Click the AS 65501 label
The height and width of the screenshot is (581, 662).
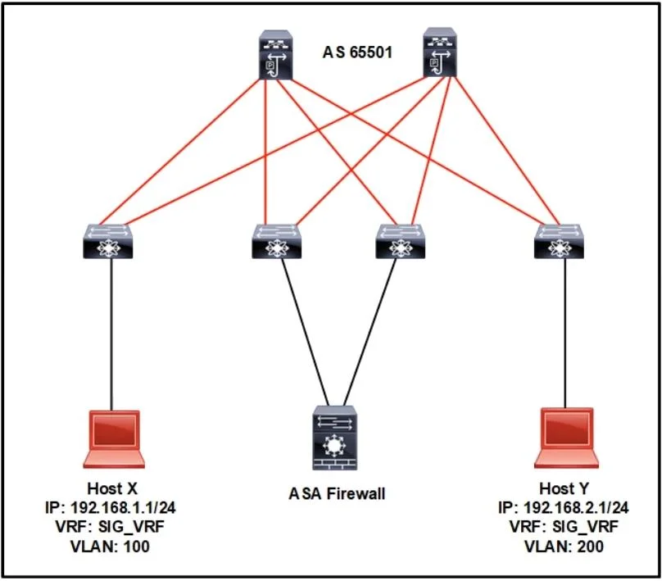[357, 52]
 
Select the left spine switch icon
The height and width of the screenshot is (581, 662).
[275, 54]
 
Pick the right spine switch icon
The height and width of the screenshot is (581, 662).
[439, 52]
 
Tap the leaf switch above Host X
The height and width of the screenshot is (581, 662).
[108, 241]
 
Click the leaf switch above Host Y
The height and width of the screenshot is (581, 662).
[559, 241]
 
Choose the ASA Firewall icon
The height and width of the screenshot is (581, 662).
[335, 438]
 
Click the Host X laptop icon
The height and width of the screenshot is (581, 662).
[114, 439]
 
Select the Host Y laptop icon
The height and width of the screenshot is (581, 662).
[567, 438]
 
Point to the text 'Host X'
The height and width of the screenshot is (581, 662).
[112, 488]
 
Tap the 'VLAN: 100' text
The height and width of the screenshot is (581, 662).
[110, 547]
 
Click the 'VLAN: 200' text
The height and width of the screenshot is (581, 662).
[564, 547]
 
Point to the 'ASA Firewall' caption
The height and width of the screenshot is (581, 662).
[337, 493]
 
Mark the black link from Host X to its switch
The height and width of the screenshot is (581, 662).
[112, 334]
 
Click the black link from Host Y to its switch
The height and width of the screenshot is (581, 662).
[565, 334]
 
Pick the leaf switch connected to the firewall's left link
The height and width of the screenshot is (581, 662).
[277, 241]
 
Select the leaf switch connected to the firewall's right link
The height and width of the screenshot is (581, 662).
[401, 241]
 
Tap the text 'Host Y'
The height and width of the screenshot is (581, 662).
[564, 488]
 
